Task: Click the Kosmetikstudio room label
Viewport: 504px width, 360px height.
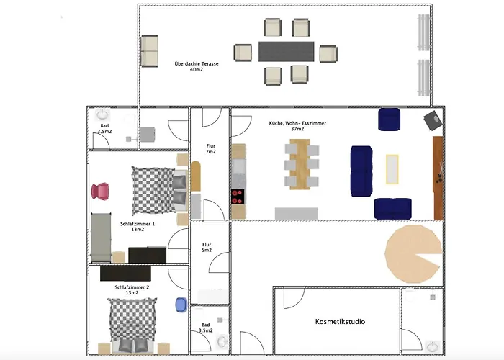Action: (340, 321)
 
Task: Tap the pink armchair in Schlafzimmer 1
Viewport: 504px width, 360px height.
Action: (100, 192)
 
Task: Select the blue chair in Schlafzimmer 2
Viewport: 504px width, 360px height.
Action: (181, 305)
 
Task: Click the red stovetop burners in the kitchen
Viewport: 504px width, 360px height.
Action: (238, 197)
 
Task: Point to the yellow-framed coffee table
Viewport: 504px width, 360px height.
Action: (392, 169)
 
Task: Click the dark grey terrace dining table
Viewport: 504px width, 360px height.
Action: (287, 51)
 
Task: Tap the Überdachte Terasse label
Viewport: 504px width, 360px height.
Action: (197, 66)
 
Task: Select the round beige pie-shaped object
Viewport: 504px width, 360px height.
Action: (413, 253)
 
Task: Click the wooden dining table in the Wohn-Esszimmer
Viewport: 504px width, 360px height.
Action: (300, 164)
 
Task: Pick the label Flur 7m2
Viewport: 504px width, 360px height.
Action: (210, 149)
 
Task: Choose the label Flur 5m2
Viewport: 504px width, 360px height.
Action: (207, 247)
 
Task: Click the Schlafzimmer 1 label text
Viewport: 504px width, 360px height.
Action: (138, 226)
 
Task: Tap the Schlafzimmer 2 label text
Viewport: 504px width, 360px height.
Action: (132, 290)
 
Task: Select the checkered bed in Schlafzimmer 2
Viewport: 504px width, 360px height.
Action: (132, 325)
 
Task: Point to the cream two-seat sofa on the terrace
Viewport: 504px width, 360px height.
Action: (150, 51)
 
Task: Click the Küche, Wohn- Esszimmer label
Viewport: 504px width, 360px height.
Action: (297, 126)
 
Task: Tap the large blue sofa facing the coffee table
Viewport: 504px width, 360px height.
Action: (361, 171)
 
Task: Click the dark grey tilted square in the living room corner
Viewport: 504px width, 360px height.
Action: (433, 120)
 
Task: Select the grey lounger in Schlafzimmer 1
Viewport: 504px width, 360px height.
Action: (101, 237)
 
